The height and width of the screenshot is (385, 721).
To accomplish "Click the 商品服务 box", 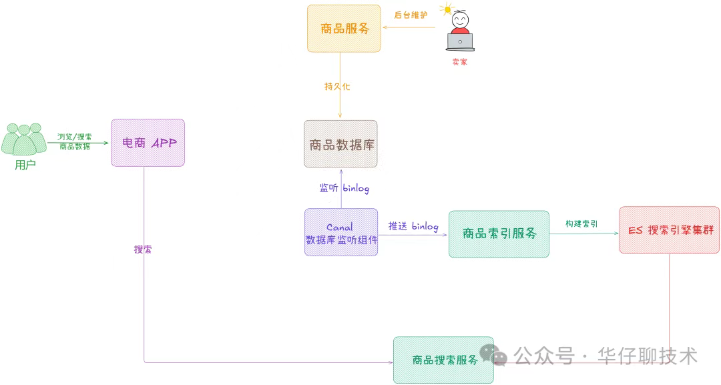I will coord(344,29).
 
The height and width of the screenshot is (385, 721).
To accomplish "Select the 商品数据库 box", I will coord(340,144).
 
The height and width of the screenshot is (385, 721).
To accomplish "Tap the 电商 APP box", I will coord(148,143).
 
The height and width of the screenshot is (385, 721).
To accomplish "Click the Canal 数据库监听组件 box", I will coord(340,233).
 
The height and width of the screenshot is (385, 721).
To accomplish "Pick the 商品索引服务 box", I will coord(499,234).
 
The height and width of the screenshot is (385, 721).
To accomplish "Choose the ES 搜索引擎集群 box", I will coord(669,230).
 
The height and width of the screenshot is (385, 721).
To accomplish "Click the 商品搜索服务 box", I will coord(443,360).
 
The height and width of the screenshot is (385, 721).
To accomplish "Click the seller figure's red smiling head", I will coord(460,21).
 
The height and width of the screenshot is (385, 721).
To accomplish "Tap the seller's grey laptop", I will coord(460,43).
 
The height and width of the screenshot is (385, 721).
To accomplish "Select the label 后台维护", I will coord(411,14).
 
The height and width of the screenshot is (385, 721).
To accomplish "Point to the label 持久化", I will coord(337,87).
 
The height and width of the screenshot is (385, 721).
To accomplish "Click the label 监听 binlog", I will coord(344,189).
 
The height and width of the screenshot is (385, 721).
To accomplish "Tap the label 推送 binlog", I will coord(413,226).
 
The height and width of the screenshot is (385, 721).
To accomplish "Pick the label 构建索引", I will coord(581,224).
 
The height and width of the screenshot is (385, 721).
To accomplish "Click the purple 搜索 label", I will coord(143,250).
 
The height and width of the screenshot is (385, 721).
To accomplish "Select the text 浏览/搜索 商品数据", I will coord(74,141).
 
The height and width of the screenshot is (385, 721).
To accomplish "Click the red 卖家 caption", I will coord(459,61).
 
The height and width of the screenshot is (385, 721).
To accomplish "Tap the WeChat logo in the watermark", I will coord(499,355).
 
